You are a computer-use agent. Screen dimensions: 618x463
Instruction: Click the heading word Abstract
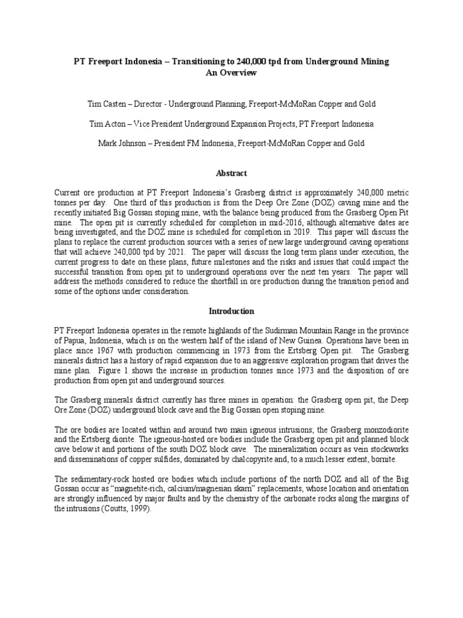[x=231, y=173]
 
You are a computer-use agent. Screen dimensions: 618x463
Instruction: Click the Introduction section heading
[x=231, y=311]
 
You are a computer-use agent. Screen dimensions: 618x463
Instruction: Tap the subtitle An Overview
[x=231, y=72]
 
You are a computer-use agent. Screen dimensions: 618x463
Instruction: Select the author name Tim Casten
[x=106, y=104]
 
